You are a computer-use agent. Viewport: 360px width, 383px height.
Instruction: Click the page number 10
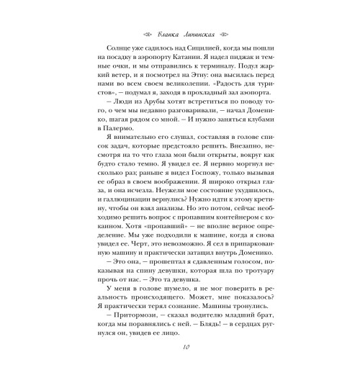point(180,366)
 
